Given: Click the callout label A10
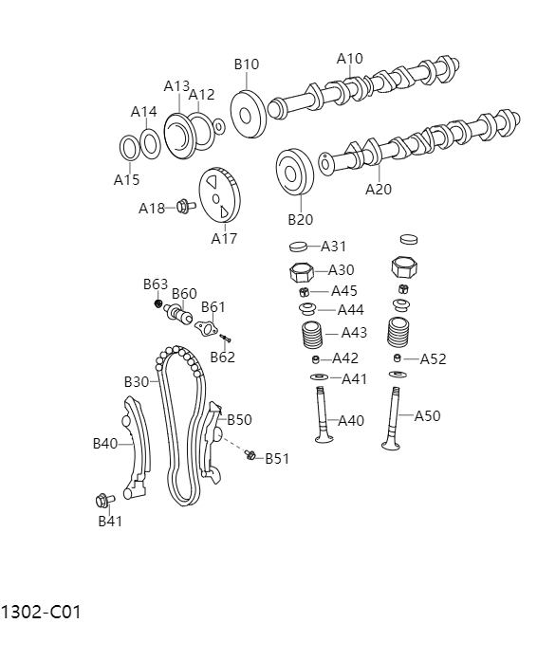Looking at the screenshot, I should point(350,59).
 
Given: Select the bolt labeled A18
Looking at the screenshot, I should point(186,205).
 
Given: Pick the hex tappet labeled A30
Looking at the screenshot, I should point(301,272).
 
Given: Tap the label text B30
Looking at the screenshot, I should point(137,381).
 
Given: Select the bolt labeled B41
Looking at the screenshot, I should point(102,500).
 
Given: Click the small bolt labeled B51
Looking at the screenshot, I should point(250,456).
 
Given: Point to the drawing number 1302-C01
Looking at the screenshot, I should point(41,613).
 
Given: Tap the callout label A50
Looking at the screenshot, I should point(427,415).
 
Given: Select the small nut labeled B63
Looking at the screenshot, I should point(159,303).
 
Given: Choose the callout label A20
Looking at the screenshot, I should point(379,189).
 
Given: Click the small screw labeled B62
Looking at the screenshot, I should point(226,338).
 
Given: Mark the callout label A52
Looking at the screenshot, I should point(433,358).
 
